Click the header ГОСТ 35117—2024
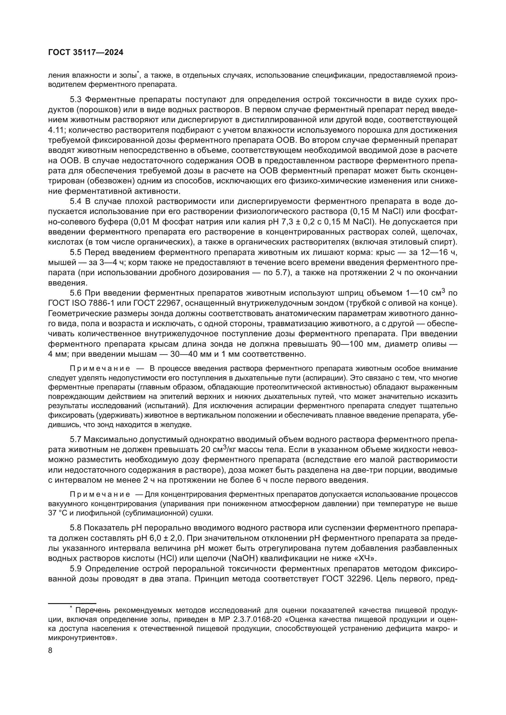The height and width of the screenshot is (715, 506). pyautogui.click(x=86, y=53)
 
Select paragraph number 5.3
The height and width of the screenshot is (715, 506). pyautogui.click(x=75, y=100)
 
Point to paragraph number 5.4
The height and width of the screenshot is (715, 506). pyautogui.click(x=75, y=201)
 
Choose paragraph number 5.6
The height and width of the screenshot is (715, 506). pyautogui.click(x=75, y=293)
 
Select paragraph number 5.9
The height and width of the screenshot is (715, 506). pyautogui.click(x=75, y=569)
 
